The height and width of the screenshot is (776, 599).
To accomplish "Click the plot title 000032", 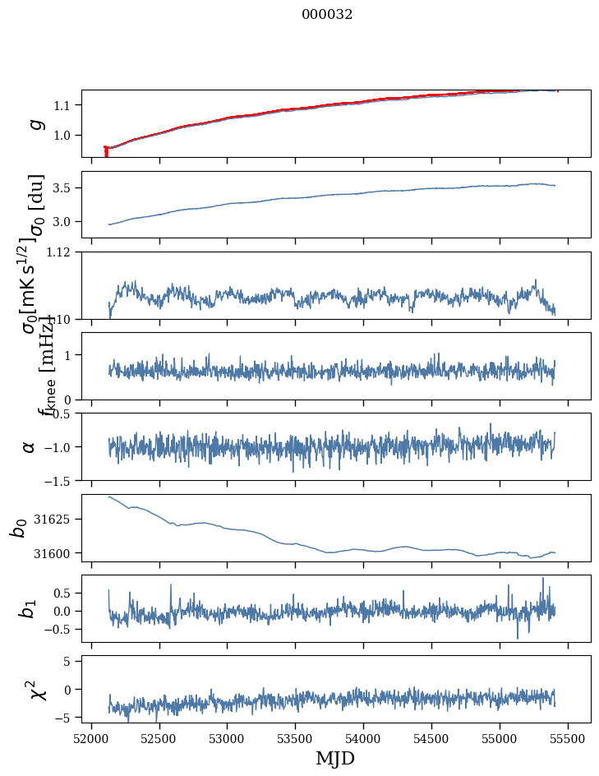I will pyautogui.click(x=327, y=15).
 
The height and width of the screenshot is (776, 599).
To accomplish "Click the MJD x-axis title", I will pyautogui.click(x=335, y=758).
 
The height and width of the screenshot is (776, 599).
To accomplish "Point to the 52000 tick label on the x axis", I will pyautogui.click(x=91, y=737).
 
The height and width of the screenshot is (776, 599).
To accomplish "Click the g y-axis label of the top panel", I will pyautogui.click(x=35, y=123).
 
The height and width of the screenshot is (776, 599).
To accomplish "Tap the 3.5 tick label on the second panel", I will pyautogui.click(x=65, y=188).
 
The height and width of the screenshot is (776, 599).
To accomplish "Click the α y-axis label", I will pyautogui.click(x=30, y=446).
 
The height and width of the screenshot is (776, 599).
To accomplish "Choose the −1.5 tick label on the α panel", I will pyautogui.click(x=58, y=480).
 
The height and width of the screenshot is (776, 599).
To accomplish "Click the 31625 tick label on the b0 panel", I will pyautogui.click(x=57, y=520).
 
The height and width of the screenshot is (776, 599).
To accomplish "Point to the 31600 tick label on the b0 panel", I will pyautogui.click(x=57, y=553).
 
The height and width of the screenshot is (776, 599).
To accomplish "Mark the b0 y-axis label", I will pyautogui.click(x=18, y=528).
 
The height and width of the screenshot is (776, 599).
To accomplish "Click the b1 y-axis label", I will pyautogui.click(x=30, y=608).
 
